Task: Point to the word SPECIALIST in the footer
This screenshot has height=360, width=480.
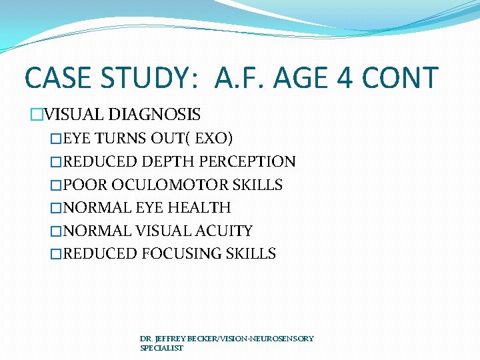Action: pos(161,348)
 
